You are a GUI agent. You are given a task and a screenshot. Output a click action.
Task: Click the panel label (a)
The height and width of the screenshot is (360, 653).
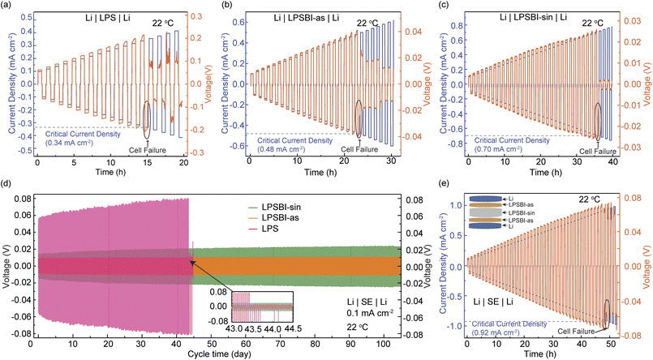pos(6,6)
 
